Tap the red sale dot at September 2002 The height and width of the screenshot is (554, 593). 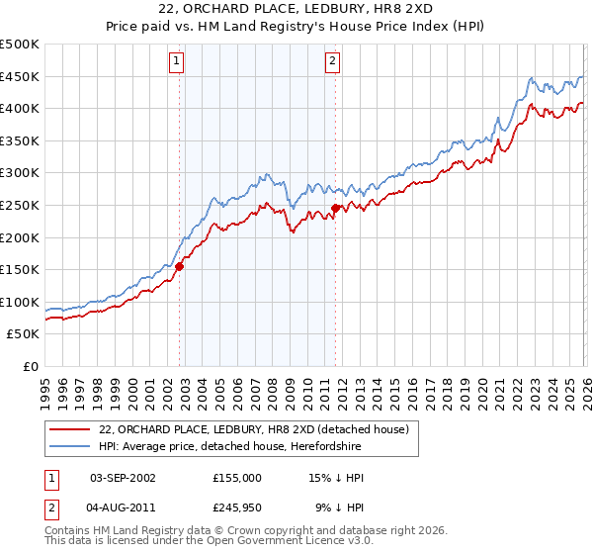click(180, 266)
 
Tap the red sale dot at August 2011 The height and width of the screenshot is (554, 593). click(335, 208)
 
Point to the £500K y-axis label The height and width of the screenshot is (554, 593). click(20, 45)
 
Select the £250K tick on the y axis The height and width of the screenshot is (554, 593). click(20, 205)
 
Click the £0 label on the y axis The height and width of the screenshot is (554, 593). click(30, 366)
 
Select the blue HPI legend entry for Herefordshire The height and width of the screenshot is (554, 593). click(229, 447)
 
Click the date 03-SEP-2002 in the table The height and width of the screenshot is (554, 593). click(123, 477)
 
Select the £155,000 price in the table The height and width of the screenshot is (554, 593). click(237, 477)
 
